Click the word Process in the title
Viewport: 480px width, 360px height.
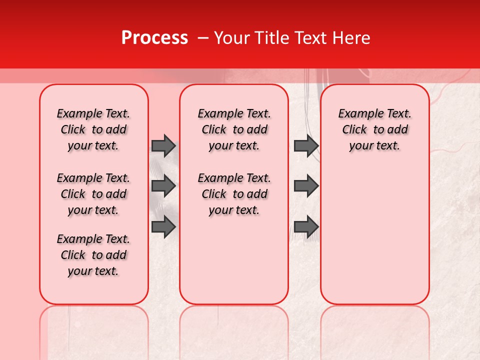[154, 38]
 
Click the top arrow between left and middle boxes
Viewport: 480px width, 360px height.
[163, 145]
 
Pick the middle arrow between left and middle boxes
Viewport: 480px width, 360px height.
[163, 186]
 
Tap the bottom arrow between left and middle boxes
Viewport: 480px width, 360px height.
[163, 226]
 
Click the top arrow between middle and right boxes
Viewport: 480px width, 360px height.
[306, 145]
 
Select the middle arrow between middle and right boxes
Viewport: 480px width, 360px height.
[306, 186]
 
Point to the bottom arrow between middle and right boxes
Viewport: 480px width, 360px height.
[306, 226]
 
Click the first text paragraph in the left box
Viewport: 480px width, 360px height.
[93, 129]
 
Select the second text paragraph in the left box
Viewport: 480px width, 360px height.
[93, 194]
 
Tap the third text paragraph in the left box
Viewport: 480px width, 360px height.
[93, 255]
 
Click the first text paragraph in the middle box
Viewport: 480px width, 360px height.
[234, 129]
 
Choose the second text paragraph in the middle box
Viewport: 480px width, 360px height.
[234, 194]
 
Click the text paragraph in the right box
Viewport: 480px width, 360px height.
[374, 129]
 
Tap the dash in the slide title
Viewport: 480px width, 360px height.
[203, 38]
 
